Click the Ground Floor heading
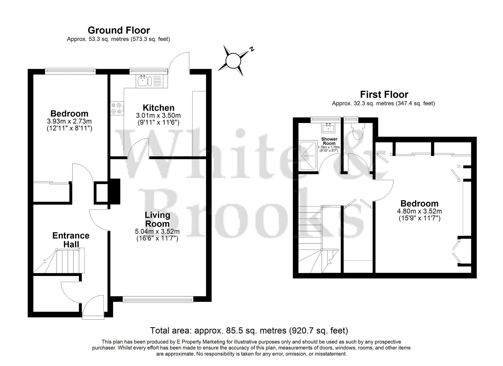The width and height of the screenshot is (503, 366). [x=119, y=30]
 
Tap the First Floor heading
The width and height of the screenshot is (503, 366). [x=384, y=95]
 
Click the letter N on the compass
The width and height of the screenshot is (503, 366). [x=251, y=49]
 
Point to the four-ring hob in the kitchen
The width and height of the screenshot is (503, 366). [x=117, y=108]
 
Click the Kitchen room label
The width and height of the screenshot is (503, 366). [x=158, y=108]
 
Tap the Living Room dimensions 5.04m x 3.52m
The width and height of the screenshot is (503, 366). [x=157, y=231]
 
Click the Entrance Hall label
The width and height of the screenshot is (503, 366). [x=71, y=240]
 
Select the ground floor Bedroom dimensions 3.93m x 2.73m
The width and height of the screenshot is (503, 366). [x=69, y=121]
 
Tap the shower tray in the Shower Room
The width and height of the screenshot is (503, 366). [x=308, y=155]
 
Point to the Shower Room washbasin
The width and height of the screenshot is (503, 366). [x=328, y=128]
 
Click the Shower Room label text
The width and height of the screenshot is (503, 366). [x=329, y=141]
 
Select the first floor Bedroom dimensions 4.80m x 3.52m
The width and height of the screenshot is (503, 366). [x=420, y=211]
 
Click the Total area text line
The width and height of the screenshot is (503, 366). [x=249, y=330]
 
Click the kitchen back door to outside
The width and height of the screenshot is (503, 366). [x=179, y=63]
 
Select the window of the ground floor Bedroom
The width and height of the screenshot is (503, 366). [x=70, y=71]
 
